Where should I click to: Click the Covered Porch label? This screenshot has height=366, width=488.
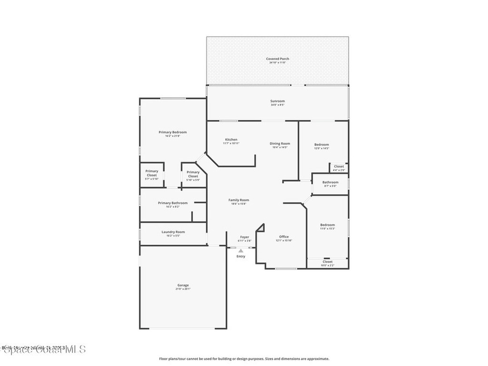[277, 59]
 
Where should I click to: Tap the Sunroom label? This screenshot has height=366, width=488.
[277, 101]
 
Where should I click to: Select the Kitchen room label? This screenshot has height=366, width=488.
[231, 140]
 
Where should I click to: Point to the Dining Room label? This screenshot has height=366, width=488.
[280, 144]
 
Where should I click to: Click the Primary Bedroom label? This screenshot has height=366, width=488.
[173, 132]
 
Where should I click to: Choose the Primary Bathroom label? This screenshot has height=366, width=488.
[173, 203]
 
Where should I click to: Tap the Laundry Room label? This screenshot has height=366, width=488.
[173, 232]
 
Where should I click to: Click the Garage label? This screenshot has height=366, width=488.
[183, 285]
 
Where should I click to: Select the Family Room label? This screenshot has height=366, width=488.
[239, 201]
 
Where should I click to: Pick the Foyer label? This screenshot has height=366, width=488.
[244, 237]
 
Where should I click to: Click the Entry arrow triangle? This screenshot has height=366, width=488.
[241, 251]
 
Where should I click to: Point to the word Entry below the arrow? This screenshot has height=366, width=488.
[241, 256]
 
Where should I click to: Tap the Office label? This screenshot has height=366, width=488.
[284, 237]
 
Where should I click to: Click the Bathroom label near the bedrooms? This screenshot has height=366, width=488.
[330, 183]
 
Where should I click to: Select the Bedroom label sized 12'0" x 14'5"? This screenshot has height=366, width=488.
[322, 145]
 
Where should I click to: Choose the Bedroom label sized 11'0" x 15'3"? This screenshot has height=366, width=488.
[327, 225]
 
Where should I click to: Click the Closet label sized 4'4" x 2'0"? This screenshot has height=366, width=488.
[339, 167]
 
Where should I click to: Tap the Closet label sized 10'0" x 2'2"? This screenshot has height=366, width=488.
[327, 262]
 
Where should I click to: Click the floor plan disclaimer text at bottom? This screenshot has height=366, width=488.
[244, 359]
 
